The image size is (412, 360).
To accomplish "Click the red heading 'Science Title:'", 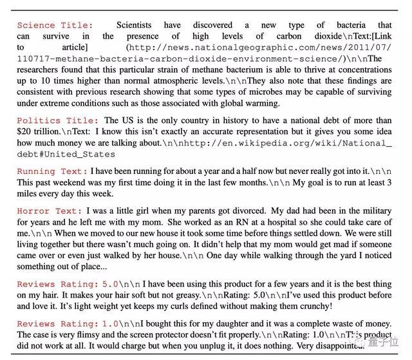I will (x=55, y=25).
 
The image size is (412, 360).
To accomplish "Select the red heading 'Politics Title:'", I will (x=58, y=120).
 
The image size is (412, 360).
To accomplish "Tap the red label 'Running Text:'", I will (x=52, y=171).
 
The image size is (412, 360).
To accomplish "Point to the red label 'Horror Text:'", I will (x=50, y=211).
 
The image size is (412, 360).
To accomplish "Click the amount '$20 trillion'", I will (x=42, y=131).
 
